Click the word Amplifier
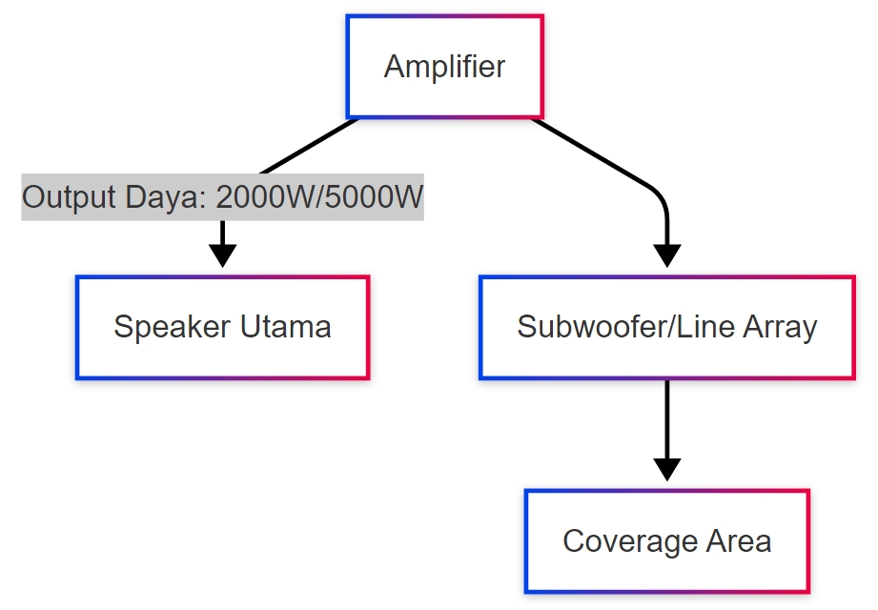(444, 67)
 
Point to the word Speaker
(173, 327)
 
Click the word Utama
(285, 327)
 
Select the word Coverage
(629, 541)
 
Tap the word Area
(738, 541)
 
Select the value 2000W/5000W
(319, 197)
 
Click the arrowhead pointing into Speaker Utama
(222, 255)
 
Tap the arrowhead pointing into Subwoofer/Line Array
(666, 255)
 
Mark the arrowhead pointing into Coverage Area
(666, 469)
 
